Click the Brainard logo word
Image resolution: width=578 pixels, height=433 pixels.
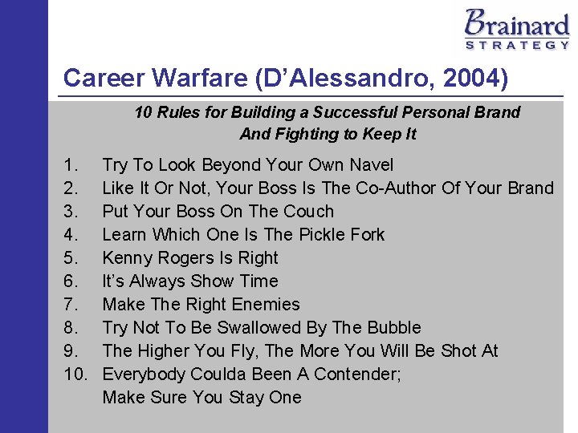click(x=517, y=22)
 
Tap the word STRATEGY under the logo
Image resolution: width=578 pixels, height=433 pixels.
click(x=517, y=46)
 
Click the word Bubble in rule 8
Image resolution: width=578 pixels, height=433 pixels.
click(x=393, y=328)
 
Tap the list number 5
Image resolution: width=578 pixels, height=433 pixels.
click(x=70, y=258)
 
